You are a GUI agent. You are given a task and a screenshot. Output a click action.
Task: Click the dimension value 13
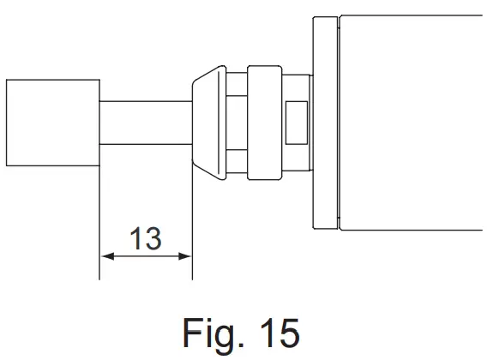pyautogui.click(x=146, y=238)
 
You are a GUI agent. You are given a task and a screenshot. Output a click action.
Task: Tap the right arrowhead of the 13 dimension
pyautogui.click(x=185, y=255)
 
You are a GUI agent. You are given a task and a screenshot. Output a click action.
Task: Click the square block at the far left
pyautogui.click(x=52, y=122)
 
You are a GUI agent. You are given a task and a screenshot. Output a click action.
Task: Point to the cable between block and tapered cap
pyautogui.click(x=144, y=123)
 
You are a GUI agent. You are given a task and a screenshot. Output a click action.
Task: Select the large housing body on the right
pyautogui.click(x=412, y=123)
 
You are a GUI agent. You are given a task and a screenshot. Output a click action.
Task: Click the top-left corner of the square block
pyautogui.click(x=6, y=80)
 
